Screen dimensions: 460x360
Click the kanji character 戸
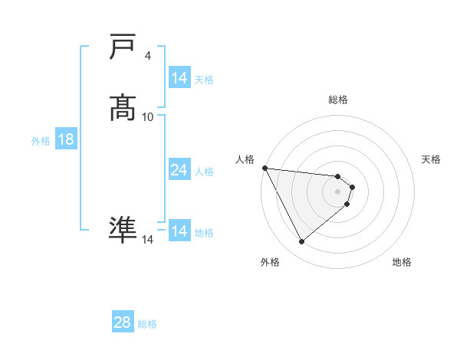point(123,48)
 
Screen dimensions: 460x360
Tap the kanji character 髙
point(123,108)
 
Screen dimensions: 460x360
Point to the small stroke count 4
point(147,56)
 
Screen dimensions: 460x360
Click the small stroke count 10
point(148,116)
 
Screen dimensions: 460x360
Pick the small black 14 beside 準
point(148,240)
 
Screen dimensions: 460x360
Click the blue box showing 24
point(179,170)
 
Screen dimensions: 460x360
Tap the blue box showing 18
point(66,139)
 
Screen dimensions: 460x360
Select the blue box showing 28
point(122,322)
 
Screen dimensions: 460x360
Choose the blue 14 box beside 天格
point(179,78)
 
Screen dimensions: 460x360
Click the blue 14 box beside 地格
point(179,231)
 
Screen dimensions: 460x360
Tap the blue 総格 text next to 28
point(147,324)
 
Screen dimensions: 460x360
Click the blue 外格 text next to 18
point(41,140)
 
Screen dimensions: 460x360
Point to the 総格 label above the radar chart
point(338,100)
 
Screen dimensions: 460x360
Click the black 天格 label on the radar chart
point(431,159)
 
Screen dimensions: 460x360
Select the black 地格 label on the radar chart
point(402,262)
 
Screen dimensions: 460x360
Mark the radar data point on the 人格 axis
point(264,168)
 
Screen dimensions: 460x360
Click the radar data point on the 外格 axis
point(301,242)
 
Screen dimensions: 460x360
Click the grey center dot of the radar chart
point(338,191)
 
